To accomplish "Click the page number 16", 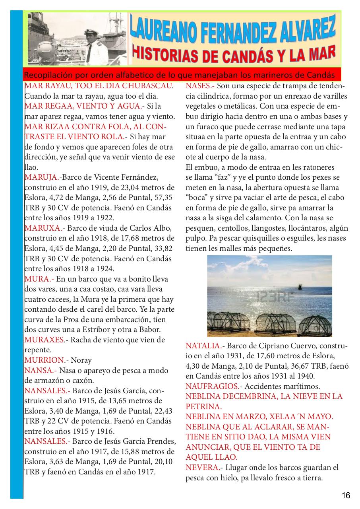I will (346, 495).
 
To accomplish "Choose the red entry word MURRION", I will (44, 360).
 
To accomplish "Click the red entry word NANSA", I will (39, 371).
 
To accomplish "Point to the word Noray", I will (81, 360).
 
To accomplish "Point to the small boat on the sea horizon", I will (298, 286).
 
